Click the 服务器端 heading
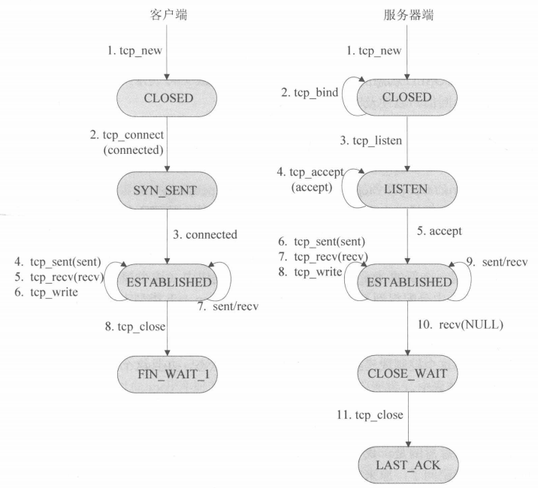[x=408, y=15]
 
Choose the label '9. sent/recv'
[x=497, y=263]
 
